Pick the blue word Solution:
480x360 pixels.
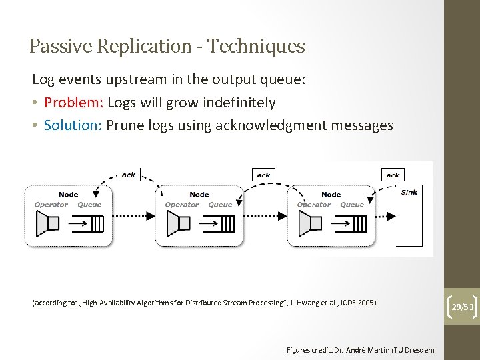[72, 125]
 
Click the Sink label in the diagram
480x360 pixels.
[409, 192]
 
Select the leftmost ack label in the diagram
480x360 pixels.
[128, 175]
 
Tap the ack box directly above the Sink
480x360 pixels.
[393, 175]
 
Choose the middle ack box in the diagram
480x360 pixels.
[263, 175]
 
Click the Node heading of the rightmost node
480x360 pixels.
[331, 195]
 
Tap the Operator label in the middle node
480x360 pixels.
[181, 205]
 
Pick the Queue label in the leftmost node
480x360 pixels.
[89, 205]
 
